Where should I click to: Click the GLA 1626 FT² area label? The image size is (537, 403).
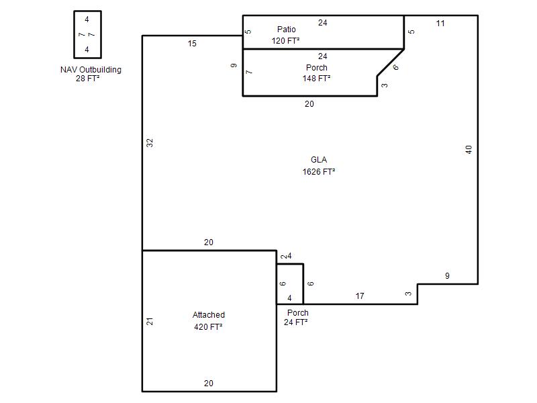pos(318,166)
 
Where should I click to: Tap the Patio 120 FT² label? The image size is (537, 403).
pos(286,35)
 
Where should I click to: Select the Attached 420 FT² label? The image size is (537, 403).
pos(208,321)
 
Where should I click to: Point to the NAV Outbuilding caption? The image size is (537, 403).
pos(91,70)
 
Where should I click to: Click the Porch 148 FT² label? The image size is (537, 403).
pos(316,73)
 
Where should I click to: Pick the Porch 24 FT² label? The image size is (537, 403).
pos(296,317)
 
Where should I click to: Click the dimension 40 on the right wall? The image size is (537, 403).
pos(469,149)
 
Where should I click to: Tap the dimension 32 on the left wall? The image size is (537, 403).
pos(150,143)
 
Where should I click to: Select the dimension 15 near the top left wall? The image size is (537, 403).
pos(192,44)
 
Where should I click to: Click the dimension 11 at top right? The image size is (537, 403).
pos(440,24)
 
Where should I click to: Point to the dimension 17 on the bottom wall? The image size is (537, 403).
pos(360,296)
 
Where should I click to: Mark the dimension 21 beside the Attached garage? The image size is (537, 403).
pos(150,322)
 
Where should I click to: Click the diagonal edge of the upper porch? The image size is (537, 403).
pos(391,62)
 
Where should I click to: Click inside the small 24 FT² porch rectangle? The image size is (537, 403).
pos(290,284)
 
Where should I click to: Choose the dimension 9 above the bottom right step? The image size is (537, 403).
pos(447,276)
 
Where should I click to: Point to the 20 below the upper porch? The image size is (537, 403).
pos(309,104)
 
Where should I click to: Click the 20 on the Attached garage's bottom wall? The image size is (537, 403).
pos(209,383)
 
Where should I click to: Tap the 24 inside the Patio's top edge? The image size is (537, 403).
pos(323,23)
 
